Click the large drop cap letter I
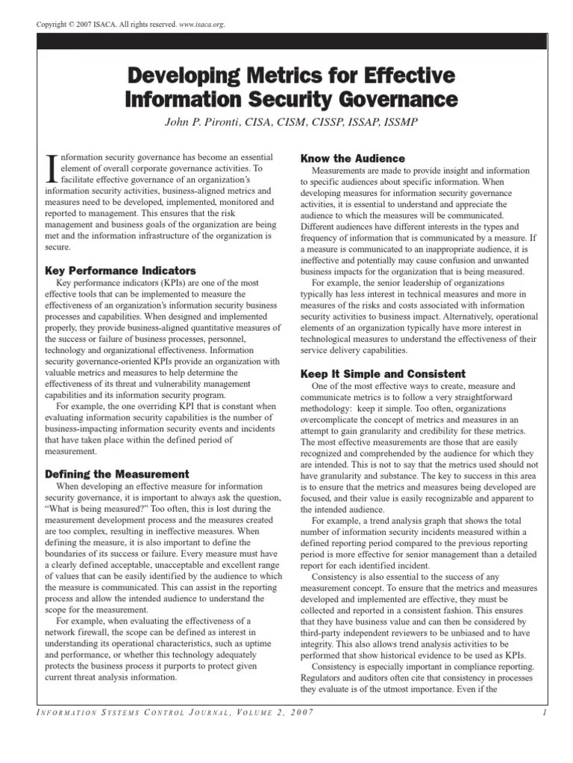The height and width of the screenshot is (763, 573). click(50, 166)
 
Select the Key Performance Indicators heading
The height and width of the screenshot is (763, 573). click(121, 270)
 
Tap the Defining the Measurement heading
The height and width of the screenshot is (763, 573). click(117, 474)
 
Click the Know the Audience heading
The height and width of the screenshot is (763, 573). click(352, 158)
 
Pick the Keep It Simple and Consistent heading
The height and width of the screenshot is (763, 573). click(382, 373)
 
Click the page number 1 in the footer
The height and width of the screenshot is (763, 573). click(546, 715)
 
